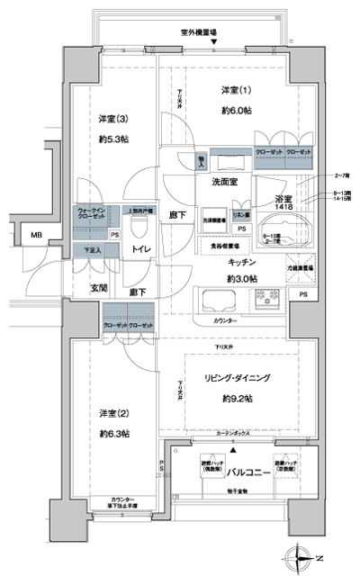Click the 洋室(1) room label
coord(238,91)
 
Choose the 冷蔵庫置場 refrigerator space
coord(299,267)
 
